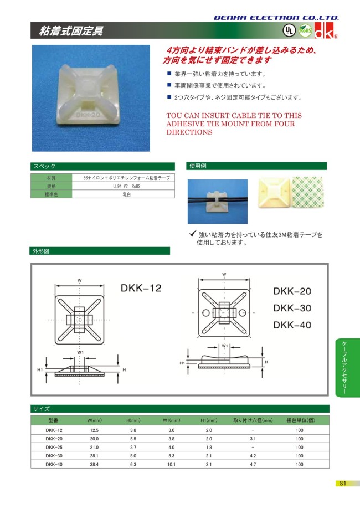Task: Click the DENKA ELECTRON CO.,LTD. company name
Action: click(276, 18)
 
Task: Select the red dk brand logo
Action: click(325, 31)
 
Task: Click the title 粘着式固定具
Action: click(70, 31)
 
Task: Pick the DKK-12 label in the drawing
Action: click(140, 288)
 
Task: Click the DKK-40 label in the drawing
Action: click(292, 325)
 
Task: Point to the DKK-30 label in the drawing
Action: click(292, 308)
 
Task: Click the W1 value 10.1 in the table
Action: click(171, 464)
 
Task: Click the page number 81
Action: click(342, 484)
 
